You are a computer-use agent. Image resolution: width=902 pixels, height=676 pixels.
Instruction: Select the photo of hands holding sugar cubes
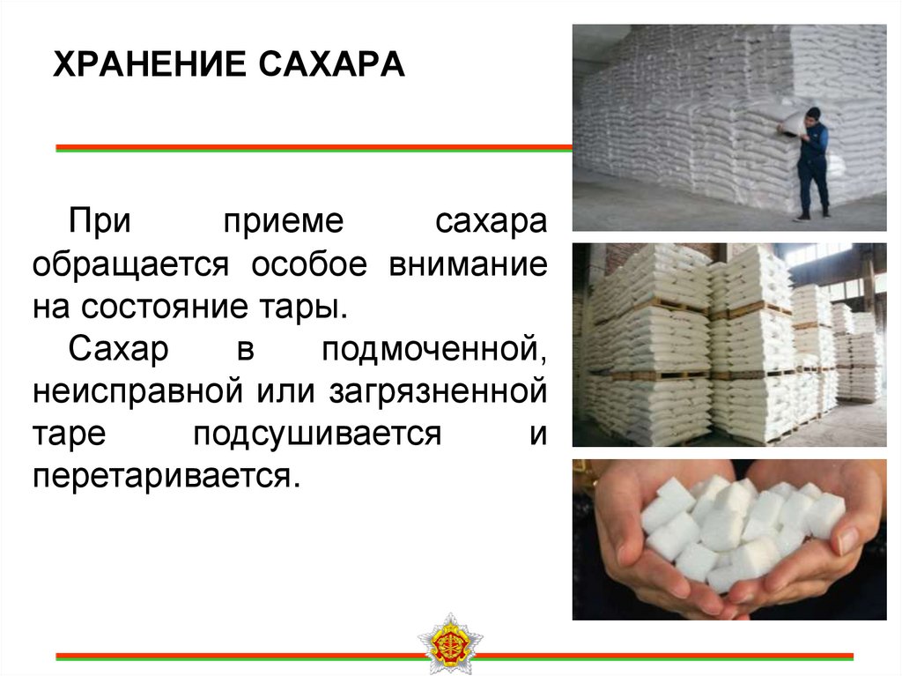pos(729,539)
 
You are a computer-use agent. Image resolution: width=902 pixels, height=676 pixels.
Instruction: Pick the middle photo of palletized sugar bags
pos(729,345)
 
